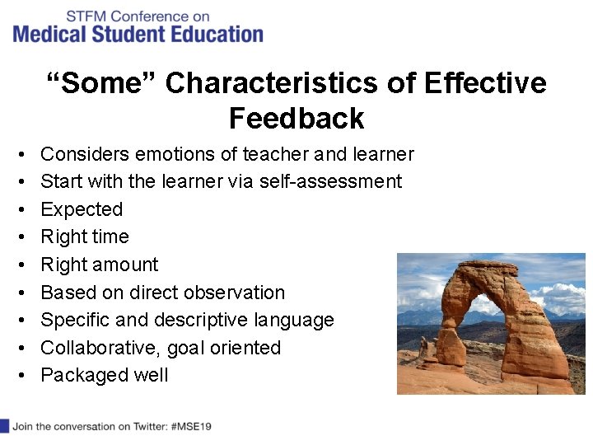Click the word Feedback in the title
tap(296, 119)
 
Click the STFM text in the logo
tap(85, 16)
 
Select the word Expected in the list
tap(82, 209)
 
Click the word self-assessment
tap(330, 181)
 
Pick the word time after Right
tap(108, 237)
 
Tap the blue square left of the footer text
tap(4, 426)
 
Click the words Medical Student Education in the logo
tap(138, 35)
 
